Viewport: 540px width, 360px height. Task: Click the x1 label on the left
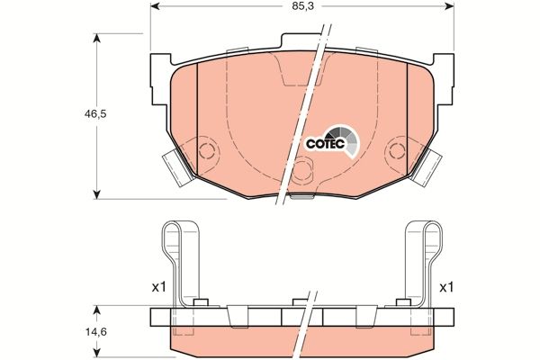(158, 287)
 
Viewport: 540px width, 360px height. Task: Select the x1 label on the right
(445, 287)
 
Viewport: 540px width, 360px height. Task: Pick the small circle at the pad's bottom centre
(302, 166)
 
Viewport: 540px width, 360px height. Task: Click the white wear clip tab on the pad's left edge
(178, 167)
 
